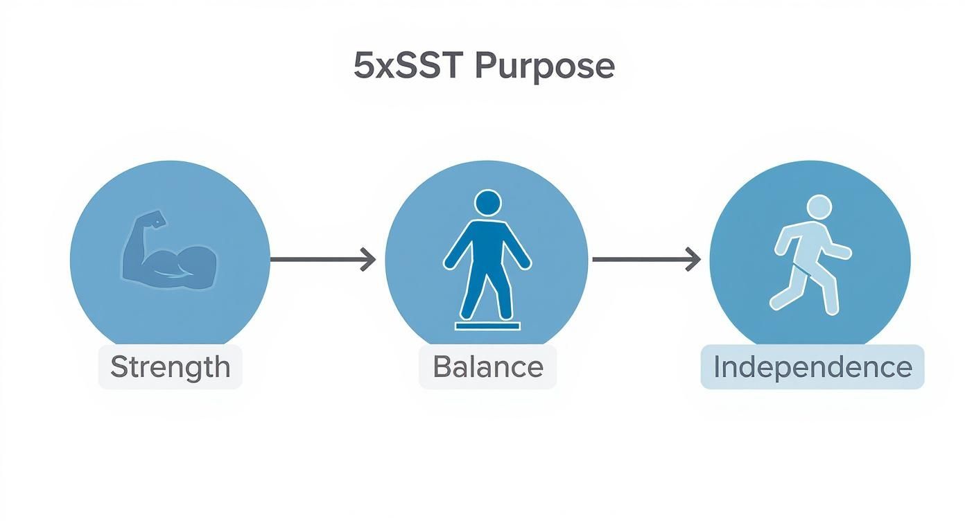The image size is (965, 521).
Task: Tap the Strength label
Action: (x=170, y=366)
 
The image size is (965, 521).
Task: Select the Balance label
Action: (x=487, y=366)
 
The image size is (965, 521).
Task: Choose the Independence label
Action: (x=812, y=367)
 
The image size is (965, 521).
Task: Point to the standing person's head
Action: (x=487, y=203)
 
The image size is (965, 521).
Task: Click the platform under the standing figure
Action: (x=487, y=325)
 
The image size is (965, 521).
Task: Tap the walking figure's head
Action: (x=819, y=207)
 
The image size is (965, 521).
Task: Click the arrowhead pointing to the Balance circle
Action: (x=368, y=260)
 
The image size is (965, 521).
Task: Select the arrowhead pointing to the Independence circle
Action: (x=693, y=260)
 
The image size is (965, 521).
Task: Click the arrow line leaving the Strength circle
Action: (x=315, y=260)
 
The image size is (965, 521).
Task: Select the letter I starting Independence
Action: (x=718, y=367)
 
